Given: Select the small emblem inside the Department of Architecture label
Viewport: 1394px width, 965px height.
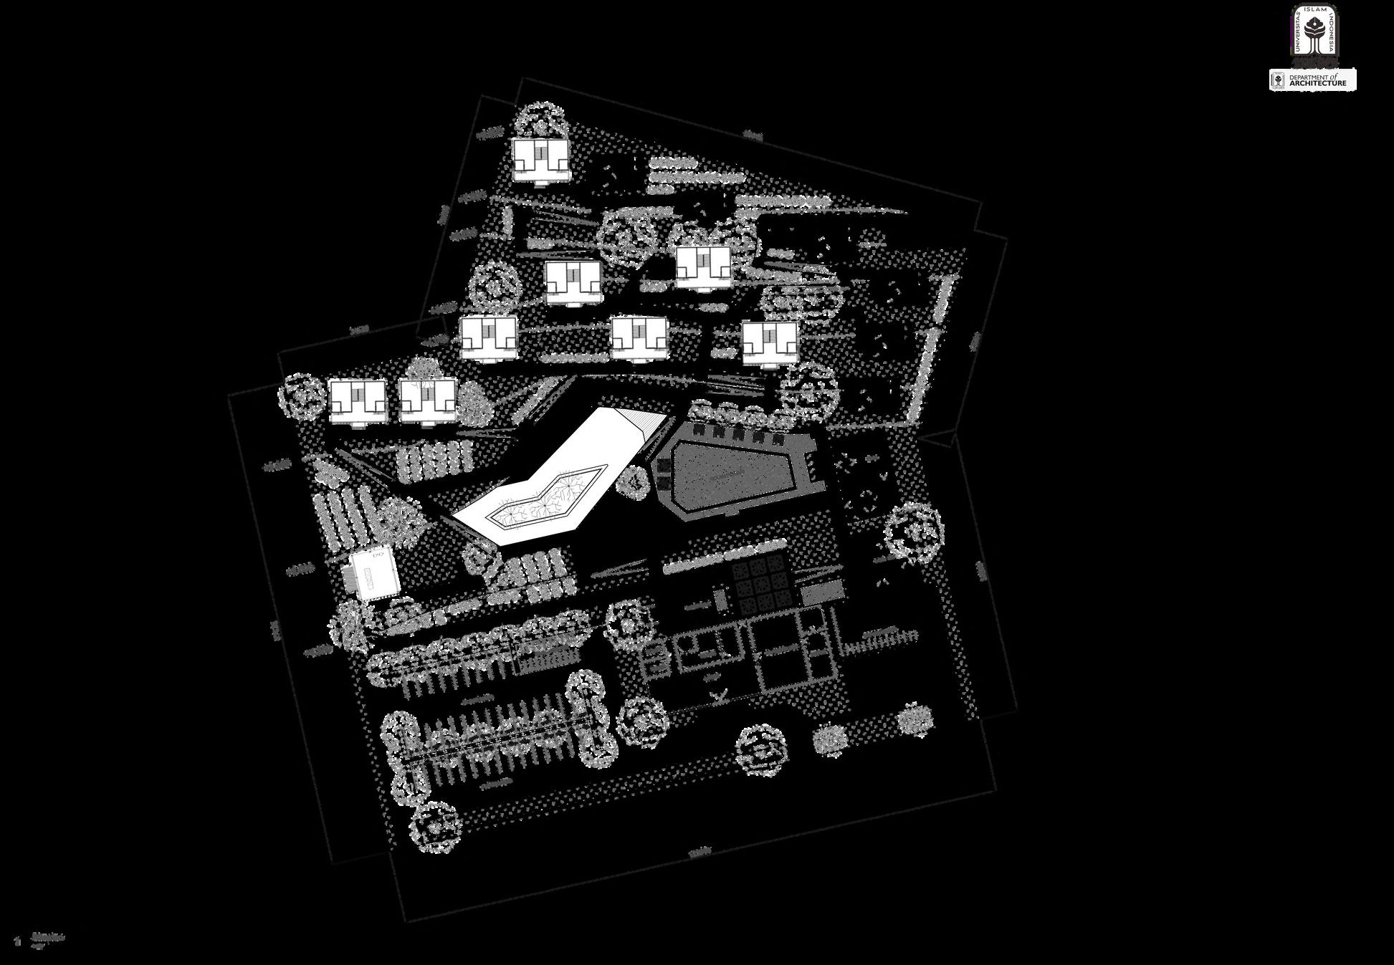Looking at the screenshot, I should pyautogui.click(x=1277, y=80).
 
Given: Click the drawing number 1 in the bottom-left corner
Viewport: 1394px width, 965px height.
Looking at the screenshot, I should pyautogui.click(x=16, y=940).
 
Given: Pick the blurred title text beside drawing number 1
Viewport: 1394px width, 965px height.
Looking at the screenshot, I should pyautogui.click(x=47, y=937).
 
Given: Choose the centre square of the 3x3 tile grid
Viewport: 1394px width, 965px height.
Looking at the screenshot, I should pyautogui.click(x=760, y=584).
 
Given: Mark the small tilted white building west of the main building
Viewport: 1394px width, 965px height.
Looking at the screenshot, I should pyautogui.click(x=373, y=573).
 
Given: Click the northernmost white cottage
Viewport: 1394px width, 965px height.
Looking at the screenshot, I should pyautogui.click(x=540, y=159).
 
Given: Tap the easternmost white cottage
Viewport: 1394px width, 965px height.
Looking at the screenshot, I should pyautogui.click(x=770, y=342).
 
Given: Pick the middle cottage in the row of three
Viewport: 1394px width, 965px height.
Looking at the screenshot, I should pyautogui.click(x=639, y=337).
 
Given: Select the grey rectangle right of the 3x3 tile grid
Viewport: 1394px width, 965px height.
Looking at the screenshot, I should pyautogui.click(x=821, y=592).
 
